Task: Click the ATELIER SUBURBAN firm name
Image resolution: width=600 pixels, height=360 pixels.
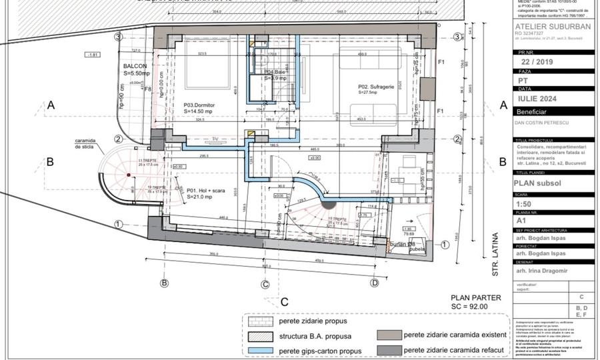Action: click(553, 27)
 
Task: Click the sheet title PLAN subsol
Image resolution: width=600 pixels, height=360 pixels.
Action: click(538, 181)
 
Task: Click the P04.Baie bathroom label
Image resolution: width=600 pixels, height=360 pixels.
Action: click(276, 71)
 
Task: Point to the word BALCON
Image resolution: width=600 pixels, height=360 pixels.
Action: click(135, 67)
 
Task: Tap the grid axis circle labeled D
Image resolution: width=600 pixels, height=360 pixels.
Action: click(375, 283)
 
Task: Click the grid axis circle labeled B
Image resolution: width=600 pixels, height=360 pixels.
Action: click(164, 283)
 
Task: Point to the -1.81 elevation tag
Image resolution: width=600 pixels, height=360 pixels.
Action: click(93, 54)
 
